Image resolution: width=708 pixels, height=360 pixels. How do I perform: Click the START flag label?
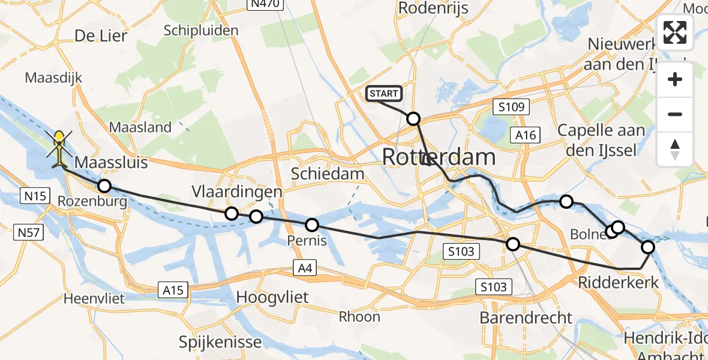click(x=383, y=94)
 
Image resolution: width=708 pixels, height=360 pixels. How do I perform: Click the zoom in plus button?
click(x=675, y=79)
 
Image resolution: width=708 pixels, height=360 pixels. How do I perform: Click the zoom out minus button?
click(x=675, y=114)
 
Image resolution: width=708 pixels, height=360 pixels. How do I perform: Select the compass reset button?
click(x=675, y=149)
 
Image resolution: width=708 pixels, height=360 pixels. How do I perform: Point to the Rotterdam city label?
click(x=439, y=158)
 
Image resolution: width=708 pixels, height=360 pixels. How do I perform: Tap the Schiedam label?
click(x=328, y=174)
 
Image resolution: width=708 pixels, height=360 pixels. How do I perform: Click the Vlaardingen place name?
click(x=237, y=192)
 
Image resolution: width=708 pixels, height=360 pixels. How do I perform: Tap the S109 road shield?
click(x=511, y=108)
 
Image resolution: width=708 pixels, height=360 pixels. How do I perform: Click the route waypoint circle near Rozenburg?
click(x=104, y=186)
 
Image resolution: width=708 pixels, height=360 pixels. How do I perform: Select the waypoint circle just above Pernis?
click(x=312, y=225)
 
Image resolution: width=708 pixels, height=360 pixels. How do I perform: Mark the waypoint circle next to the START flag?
click(x=413, y=119)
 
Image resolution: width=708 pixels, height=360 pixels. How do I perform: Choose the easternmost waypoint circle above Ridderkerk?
click(x=648, y=247)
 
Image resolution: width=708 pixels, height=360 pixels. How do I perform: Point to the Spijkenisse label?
click(x=220, y=343)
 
